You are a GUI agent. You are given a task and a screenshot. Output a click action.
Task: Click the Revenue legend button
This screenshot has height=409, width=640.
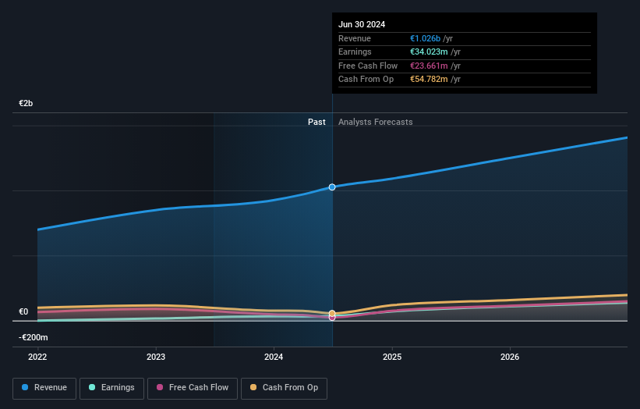tap(44, 387)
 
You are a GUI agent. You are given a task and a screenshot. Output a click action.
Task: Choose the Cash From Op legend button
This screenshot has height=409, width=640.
tap(284, 387)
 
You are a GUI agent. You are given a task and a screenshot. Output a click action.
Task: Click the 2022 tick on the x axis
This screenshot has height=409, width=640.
tap(37, 357)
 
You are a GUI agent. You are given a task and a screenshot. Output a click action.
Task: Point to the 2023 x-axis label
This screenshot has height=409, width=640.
tap(156, 357)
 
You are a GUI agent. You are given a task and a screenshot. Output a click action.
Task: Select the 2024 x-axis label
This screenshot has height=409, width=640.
tap(274, 357)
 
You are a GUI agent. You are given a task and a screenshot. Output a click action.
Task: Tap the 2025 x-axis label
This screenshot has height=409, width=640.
tap(392, 357)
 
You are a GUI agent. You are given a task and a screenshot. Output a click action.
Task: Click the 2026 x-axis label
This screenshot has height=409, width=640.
tap(510, 357)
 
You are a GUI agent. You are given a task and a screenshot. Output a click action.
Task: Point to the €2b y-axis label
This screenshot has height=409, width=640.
tap(27, 104)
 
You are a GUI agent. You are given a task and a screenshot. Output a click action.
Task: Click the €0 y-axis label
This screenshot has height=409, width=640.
tap(23, 312)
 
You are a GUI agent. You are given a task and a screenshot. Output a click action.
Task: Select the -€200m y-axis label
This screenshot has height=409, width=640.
tap(34, 337)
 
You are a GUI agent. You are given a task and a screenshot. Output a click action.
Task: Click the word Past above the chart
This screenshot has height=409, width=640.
tap(316, 122)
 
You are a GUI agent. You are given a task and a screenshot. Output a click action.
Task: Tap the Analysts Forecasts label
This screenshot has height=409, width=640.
tap(376, 122)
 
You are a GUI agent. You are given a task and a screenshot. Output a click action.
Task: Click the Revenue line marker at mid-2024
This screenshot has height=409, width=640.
tap(332, 187)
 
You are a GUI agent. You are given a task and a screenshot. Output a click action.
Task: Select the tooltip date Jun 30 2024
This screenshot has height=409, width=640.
tap(362, 24)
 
